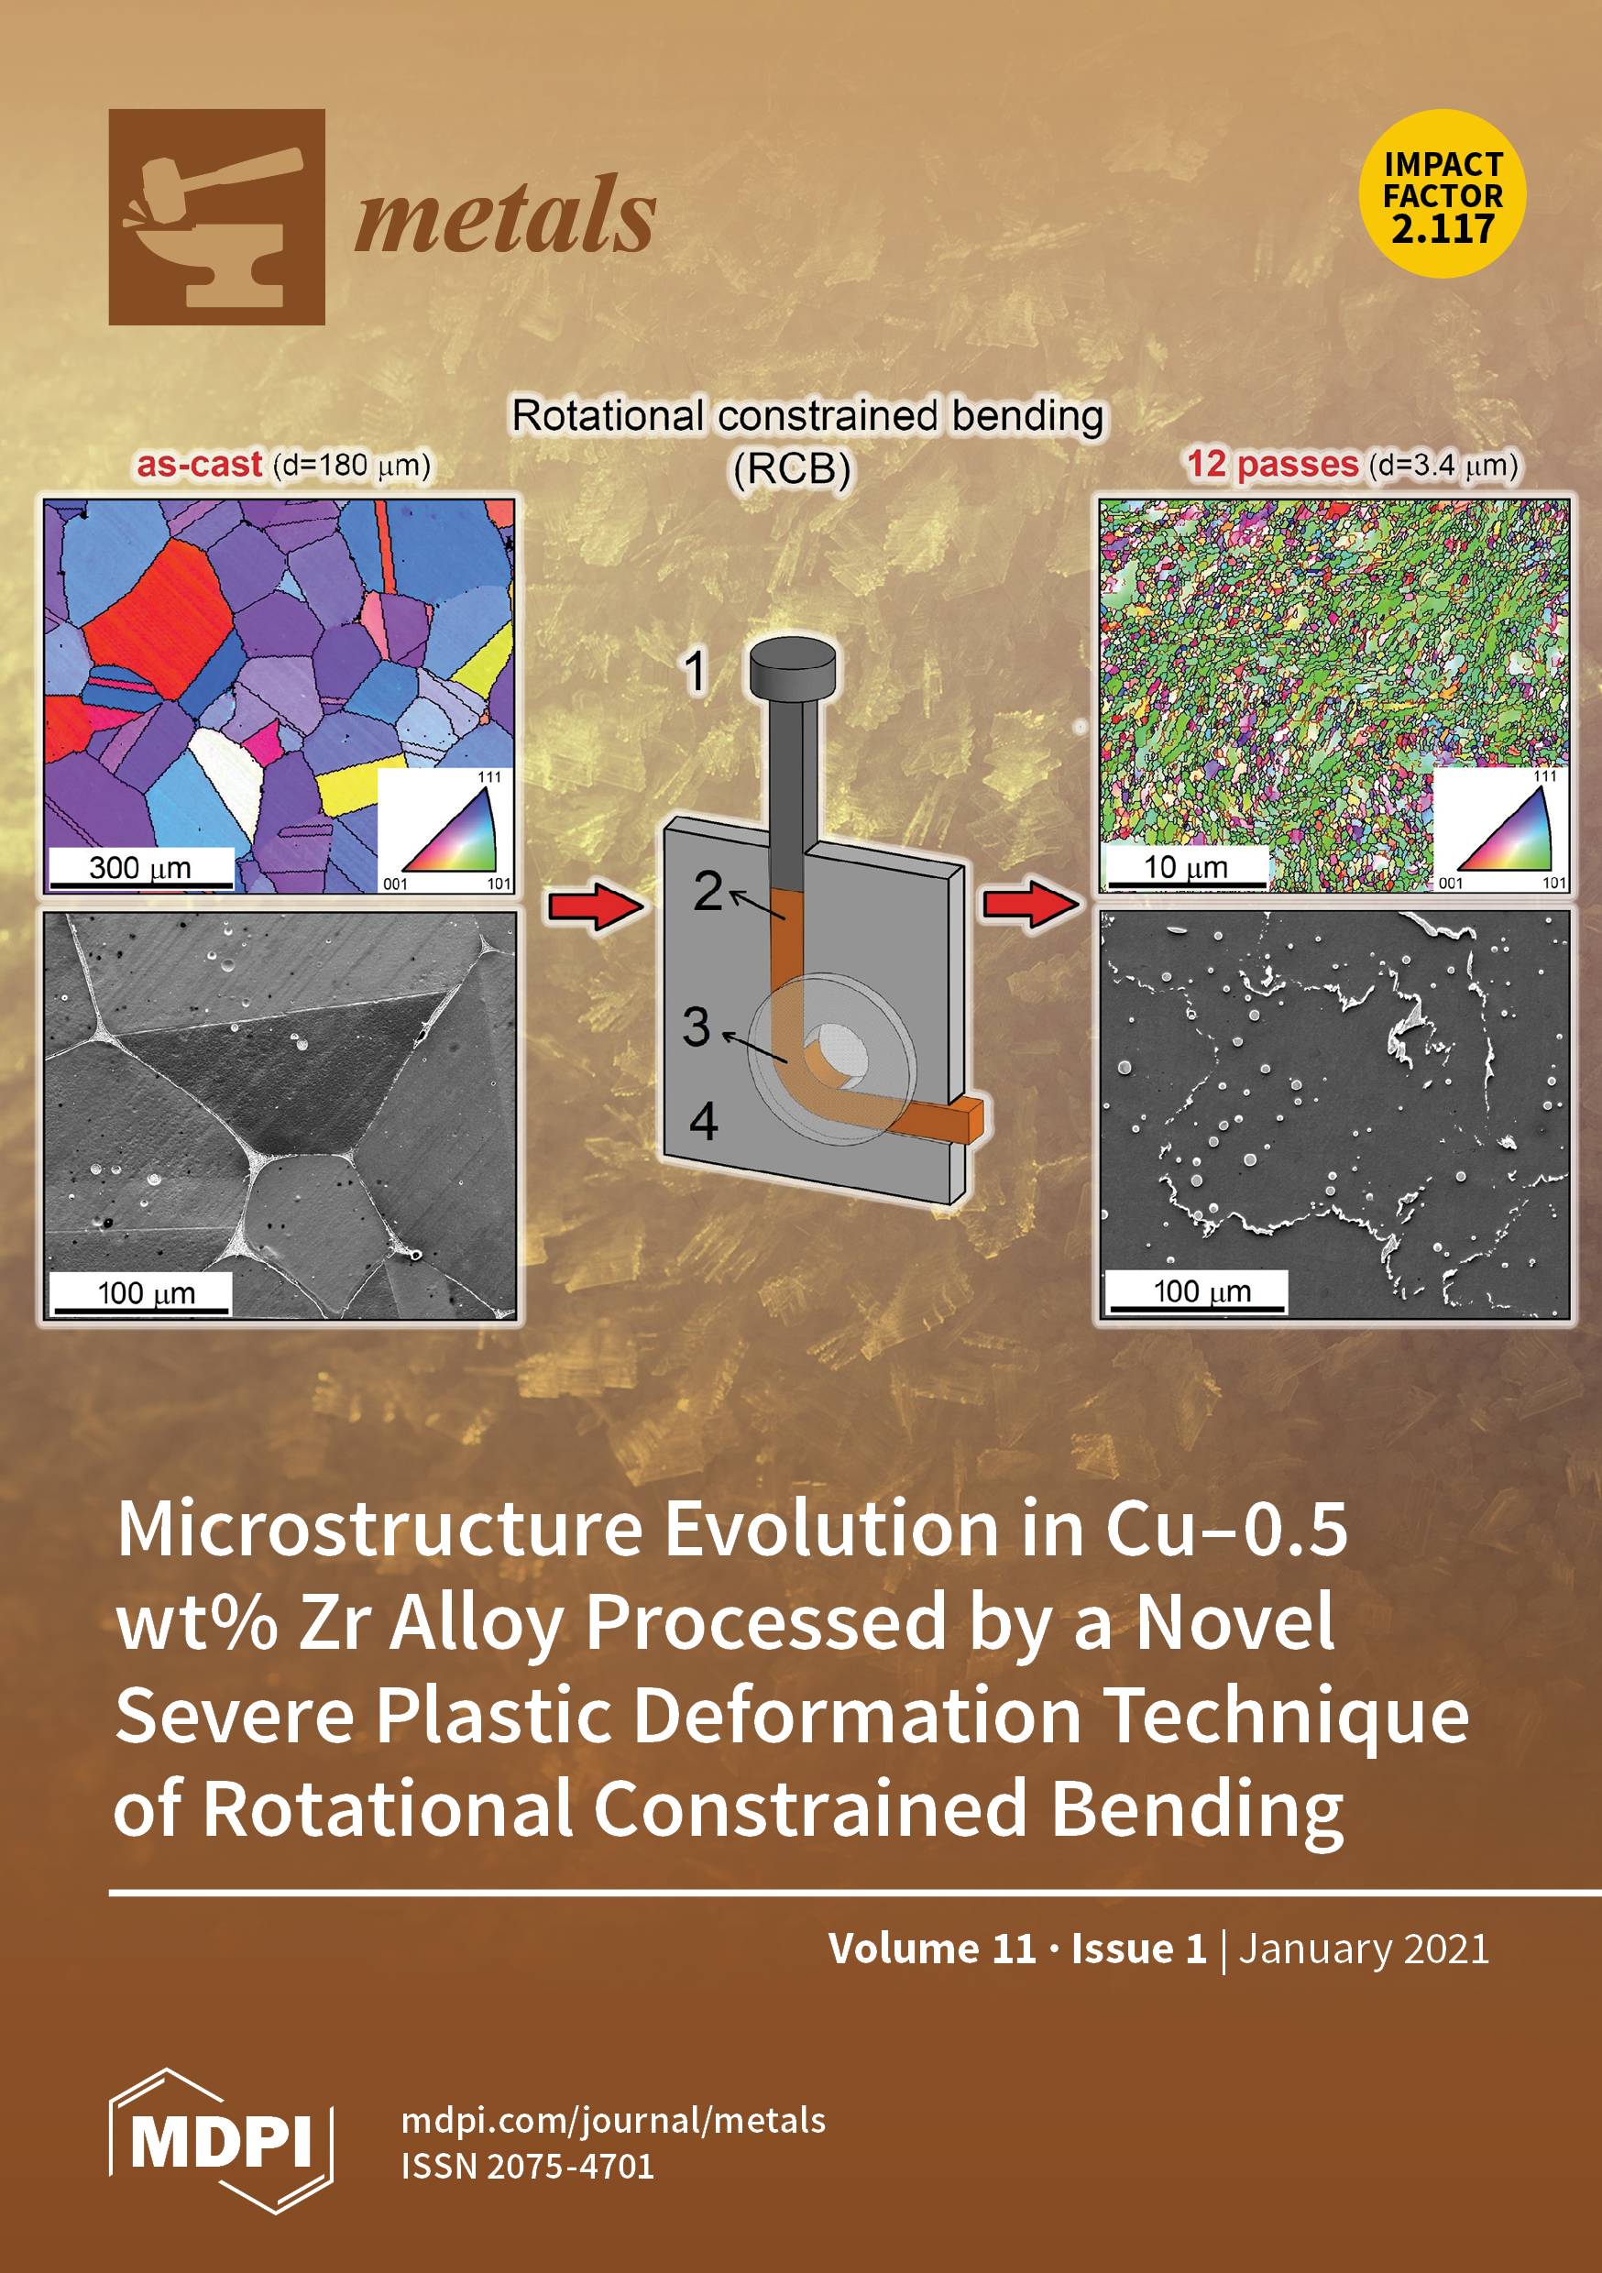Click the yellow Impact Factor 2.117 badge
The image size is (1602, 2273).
click(x=1443, y=194)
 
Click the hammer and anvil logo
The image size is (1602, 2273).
click(x=217, y=217)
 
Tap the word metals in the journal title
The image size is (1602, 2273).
click(x=505, y=215)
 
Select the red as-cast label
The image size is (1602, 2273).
click(x=199, y=465)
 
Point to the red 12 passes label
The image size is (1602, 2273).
click(x=1272, y=465)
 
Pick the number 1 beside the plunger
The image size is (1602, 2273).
click(x=696, y=672)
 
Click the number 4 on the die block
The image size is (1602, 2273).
click(x=703, y=1122)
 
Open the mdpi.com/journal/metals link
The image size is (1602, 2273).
click(x=614, y=2122)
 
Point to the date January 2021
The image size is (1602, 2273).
click(x=1365, y=1949)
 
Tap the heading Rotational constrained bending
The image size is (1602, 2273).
click(x=806, y=416)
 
